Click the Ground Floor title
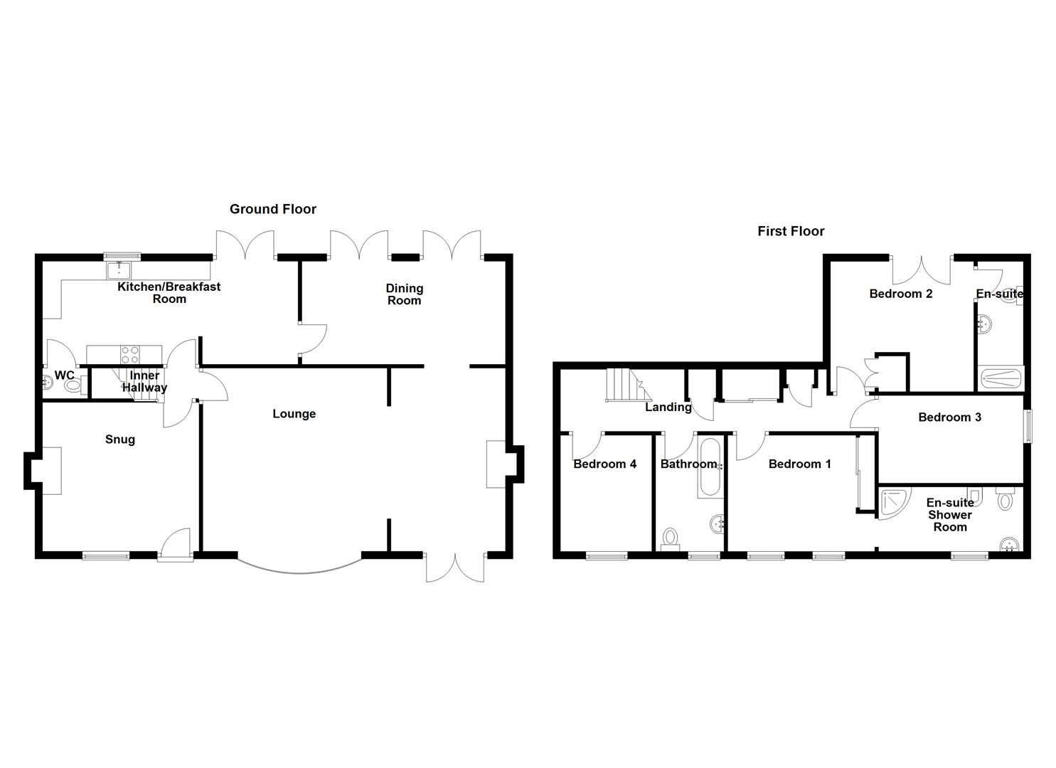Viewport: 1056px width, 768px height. click(x=272, y=209)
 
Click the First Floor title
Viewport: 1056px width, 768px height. click(x=790, y=231)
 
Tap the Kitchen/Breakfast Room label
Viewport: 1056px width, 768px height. click(x=169, y=292)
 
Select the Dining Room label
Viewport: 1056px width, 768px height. click(x=404, y=294)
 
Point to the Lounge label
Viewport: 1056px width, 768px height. click(x=294, y=414)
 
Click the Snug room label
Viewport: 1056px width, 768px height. click(x=119, y=439)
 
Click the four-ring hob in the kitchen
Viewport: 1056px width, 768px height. click(x=130, y=354)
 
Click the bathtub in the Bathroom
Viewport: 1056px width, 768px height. click(x=710, y=468)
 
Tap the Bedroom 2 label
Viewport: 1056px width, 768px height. click(x=900, y=294)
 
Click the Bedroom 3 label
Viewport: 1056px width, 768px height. click(x=949, y=417)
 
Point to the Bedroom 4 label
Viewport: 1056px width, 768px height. click(x=604, y=464)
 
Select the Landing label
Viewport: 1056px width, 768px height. click(x=668, y=407)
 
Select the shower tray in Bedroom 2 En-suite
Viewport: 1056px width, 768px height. click(x=1000, y=378)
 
